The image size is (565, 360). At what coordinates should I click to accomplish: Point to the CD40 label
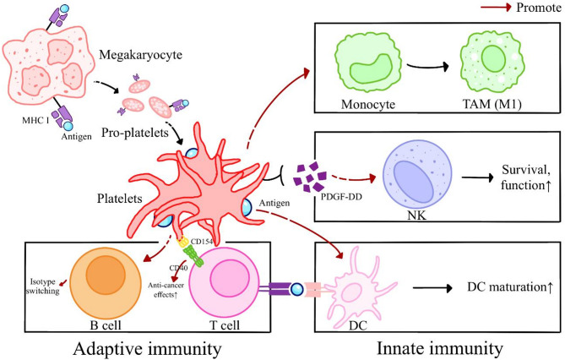tap(177, 269)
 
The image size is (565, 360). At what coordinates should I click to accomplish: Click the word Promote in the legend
tap(533, 11)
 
